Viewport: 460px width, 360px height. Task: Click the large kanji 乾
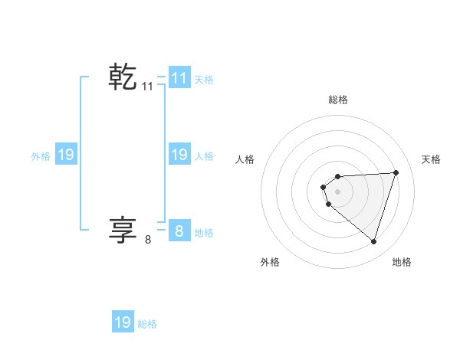[x=123, y=77]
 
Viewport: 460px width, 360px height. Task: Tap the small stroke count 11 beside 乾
[x=148, y=87]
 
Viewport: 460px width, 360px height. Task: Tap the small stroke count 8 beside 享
[x=148, y=240]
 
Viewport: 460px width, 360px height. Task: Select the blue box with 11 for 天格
[x=179, y=77]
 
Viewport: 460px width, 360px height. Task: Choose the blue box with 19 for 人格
[x=179, y=155]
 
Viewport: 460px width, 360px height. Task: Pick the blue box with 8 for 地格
[x=179, y=231]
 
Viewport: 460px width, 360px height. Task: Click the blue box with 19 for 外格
[x=66, y=155]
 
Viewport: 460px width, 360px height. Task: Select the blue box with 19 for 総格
[x=123, y=322]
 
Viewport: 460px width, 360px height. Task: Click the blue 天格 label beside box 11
[x=204, y=79]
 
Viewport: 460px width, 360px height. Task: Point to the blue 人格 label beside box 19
[x=204, y=156]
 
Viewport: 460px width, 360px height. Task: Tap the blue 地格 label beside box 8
[x=204, y=232]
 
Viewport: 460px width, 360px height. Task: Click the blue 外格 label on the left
[x=41, y=156]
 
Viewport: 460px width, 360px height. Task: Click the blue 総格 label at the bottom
[x=147, y=324]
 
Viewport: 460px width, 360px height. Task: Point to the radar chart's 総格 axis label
[x=338, y=100]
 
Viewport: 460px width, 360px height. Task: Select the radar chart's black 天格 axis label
[x=432, y=159]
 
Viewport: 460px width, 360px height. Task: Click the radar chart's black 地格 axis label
[x=402, y=262]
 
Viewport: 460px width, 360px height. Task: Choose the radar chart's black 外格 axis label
[x=270, y=262]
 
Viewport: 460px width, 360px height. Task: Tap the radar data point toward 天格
[x=396, y=172]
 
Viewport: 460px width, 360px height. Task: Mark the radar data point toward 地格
[x=373, y=241]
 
